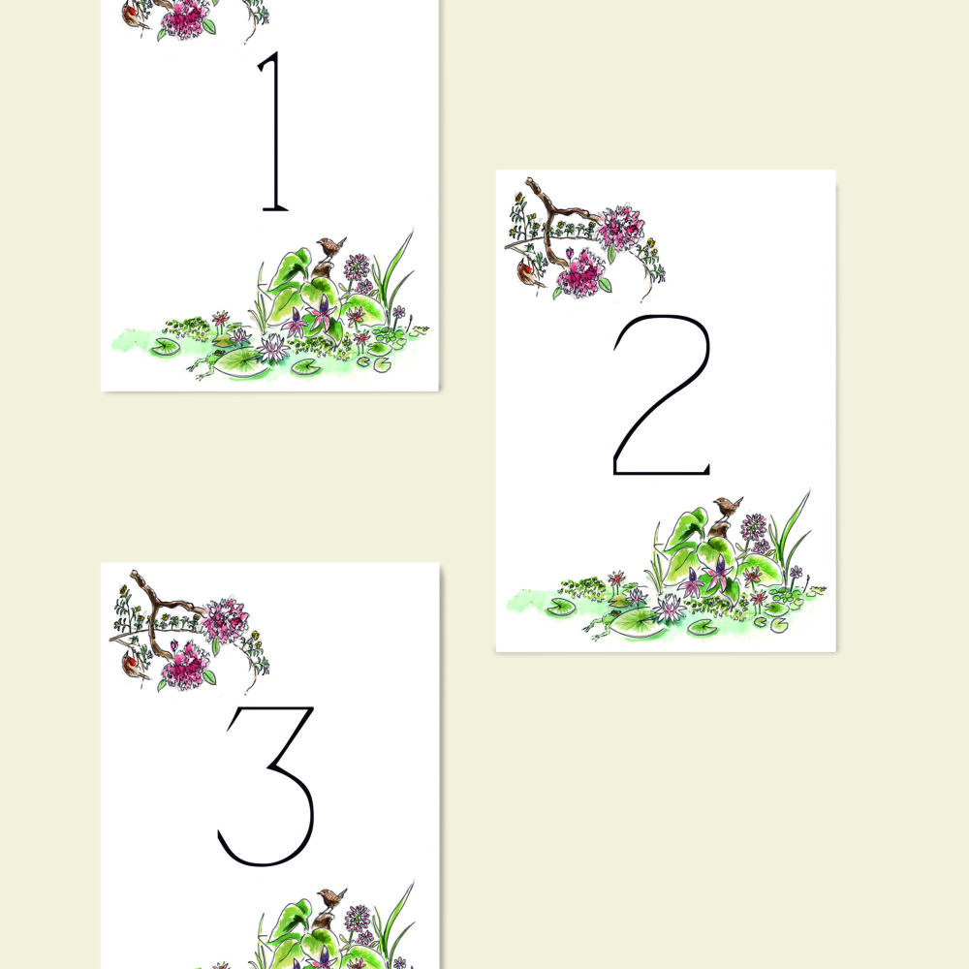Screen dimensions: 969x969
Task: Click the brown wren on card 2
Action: click(x=728, y=507)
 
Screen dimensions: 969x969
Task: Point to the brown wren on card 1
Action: click(x=331, y=248)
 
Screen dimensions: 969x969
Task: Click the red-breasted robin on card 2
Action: click(x=526, y=272)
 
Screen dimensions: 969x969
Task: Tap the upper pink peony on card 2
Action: click(x=621, y=227)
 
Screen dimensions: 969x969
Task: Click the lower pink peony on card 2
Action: click(x=580, y=275)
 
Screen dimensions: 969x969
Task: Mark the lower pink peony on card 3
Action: click(x=185, y=668)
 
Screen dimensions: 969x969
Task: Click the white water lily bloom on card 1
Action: click(x=272, y=347)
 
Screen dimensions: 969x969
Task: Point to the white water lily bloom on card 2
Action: click(x=669, y=609)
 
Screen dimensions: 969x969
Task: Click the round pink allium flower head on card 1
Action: click(x=358, y=266)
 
